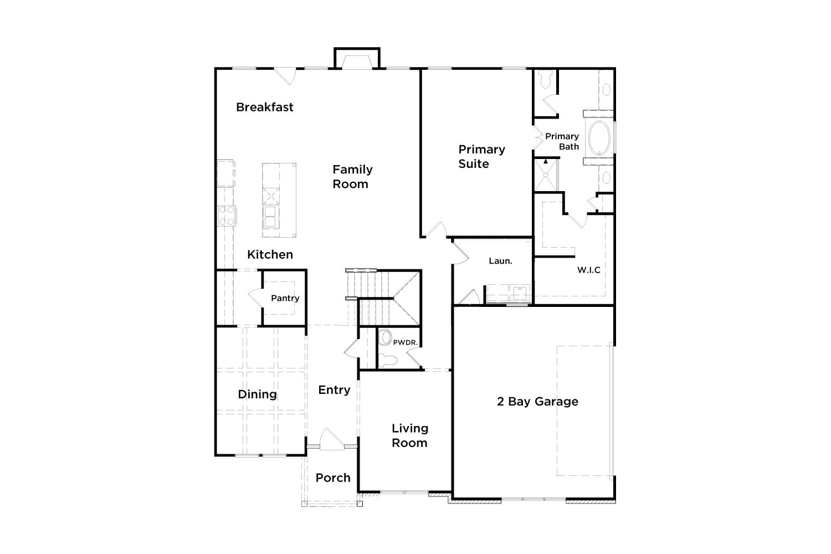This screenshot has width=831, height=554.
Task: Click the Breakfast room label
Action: click(264, 107)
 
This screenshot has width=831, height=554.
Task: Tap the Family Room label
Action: click(352, 177)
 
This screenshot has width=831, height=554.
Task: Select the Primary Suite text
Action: click(481, 157)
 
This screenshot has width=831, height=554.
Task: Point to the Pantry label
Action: click(285, 299)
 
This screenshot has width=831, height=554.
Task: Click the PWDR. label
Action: click(405, 342)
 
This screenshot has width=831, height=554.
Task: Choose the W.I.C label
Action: click(588, 270)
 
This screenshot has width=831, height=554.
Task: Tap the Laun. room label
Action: click(500, 261)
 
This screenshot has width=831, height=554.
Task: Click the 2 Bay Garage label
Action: click(537, 402)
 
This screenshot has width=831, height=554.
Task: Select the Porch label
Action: click(333, 478)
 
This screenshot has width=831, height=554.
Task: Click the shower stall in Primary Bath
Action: click(546, 175)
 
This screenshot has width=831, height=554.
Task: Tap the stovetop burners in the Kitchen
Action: click(227, 216)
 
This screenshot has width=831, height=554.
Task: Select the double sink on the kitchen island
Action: click(271, 217)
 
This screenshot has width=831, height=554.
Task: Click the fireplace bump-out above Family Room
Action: click(357, 58)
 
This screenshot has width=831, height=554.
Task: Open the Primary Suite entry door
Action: click(436, 230)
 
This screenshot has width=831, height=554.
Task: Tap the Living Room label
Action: click(409, 435)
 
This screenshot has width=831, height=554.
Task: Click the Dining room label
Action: click(257, 394)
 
